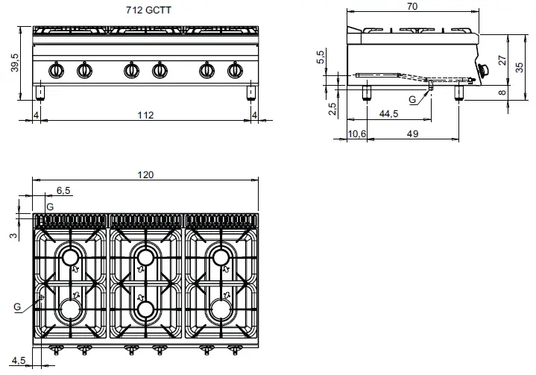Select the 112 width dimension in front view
(145, 115)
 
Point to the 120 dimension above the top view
(145, 174)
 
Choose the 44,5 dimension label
(388, 115)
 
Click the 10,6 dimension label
(358, 134)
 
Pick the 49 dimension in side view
(412, 134)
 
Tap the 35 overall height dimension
(521, 66)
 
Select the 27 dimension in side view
(502, 59)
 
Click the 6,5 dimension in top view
(63, 191)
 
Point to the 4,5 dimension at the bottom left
(18, 362)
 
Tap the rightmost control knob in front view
(234, 71)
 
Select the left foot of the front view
(40, 92)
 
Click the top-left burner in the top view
(71, 258)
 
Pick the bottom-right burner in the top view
(221, 306)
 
